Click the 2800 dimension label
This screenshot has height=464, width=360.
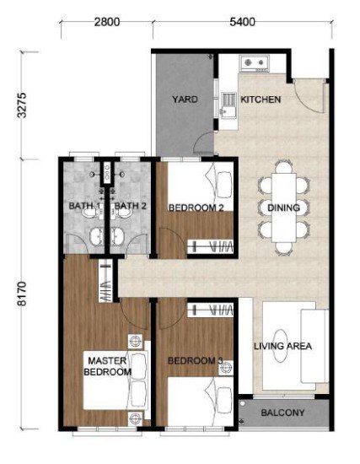[x=107, y=22]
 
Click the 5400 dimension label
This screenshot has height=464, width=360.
[x=242, y=22]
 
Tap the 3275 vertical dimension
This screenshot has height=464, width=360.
[x=22, y=105]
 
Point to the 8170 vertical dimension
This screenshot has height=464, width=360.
[x=22, y=294]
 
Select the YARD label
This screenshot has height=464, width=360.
[x=185, y=100]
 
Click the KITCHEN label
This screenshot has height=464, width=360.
[x=261, y=100]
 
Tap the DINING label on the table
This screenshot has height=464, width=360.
[x=283, y=208]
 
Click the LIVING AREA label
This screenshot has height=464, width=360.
[x=282, y=346]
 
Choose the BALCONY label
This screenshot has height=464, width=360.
[x=282, y=413]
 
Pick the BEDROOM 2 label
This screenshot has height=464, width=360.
[x=196, y=208]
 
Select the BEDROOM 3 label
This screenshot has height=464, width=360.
[x=196, y=361]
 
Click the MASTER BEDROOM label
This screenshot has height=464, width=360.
[x=107, y=366]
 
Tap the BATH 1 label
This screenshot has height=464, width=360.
[x=84, y=206]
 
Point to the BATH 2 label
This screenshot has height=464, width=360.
[x=130, y=206]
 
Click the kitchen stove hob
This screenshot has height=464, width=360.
[x=255, y=62]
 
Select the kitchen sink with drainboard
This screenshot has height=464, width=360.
[x=228, y=105]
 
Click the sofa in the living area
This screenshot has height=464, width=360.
[x=314, y=346]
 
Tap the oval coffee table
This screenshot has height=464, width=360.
[x=280, y=346]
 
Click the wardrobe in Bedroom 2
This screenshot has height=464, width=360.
[x=210, y=246]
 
